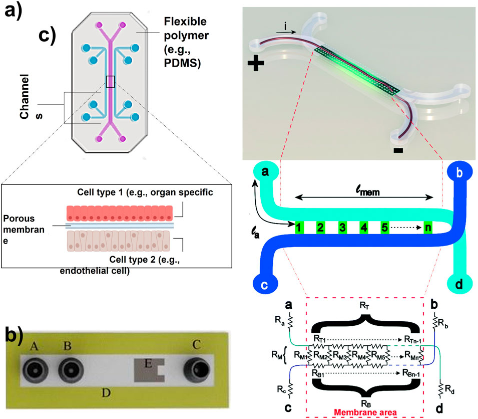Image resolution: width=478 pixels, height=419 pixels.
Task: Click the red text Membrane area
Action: (368, 412)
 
